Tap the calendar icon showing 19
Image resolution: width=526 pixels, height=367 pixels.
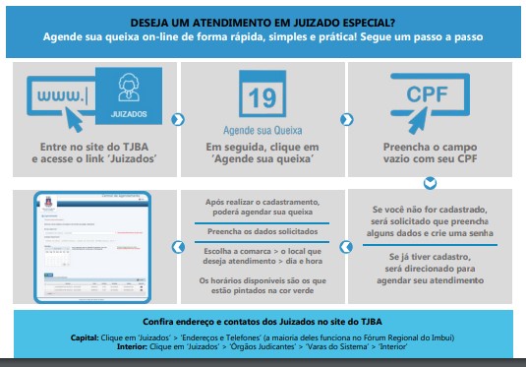[x=261, y=98]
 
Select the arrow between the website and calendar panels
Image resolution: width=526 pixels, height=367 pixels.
[x=177, y=119]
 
